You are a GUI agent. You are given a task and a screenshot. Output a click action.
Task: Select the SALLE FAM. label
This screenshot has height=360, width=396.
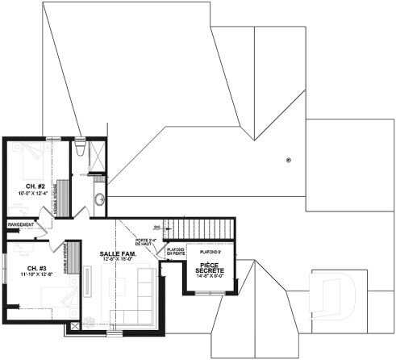click(118, 253)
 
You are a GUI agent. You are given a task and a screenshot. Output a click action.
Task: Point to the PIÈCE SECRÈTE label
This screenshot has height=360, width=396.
click(211, 267)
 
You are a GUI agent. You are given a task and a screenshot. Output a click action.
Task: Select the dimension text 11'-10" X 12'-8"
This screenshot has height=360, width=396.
click(35, 275)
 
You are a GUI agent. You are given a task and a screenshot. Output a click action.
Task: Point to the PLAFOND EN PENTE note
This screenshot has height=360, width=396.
click(175, 253)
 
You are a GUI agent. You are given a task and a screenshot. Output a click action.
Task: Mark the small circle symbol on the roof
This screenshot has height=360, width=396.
click(289, 159)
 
